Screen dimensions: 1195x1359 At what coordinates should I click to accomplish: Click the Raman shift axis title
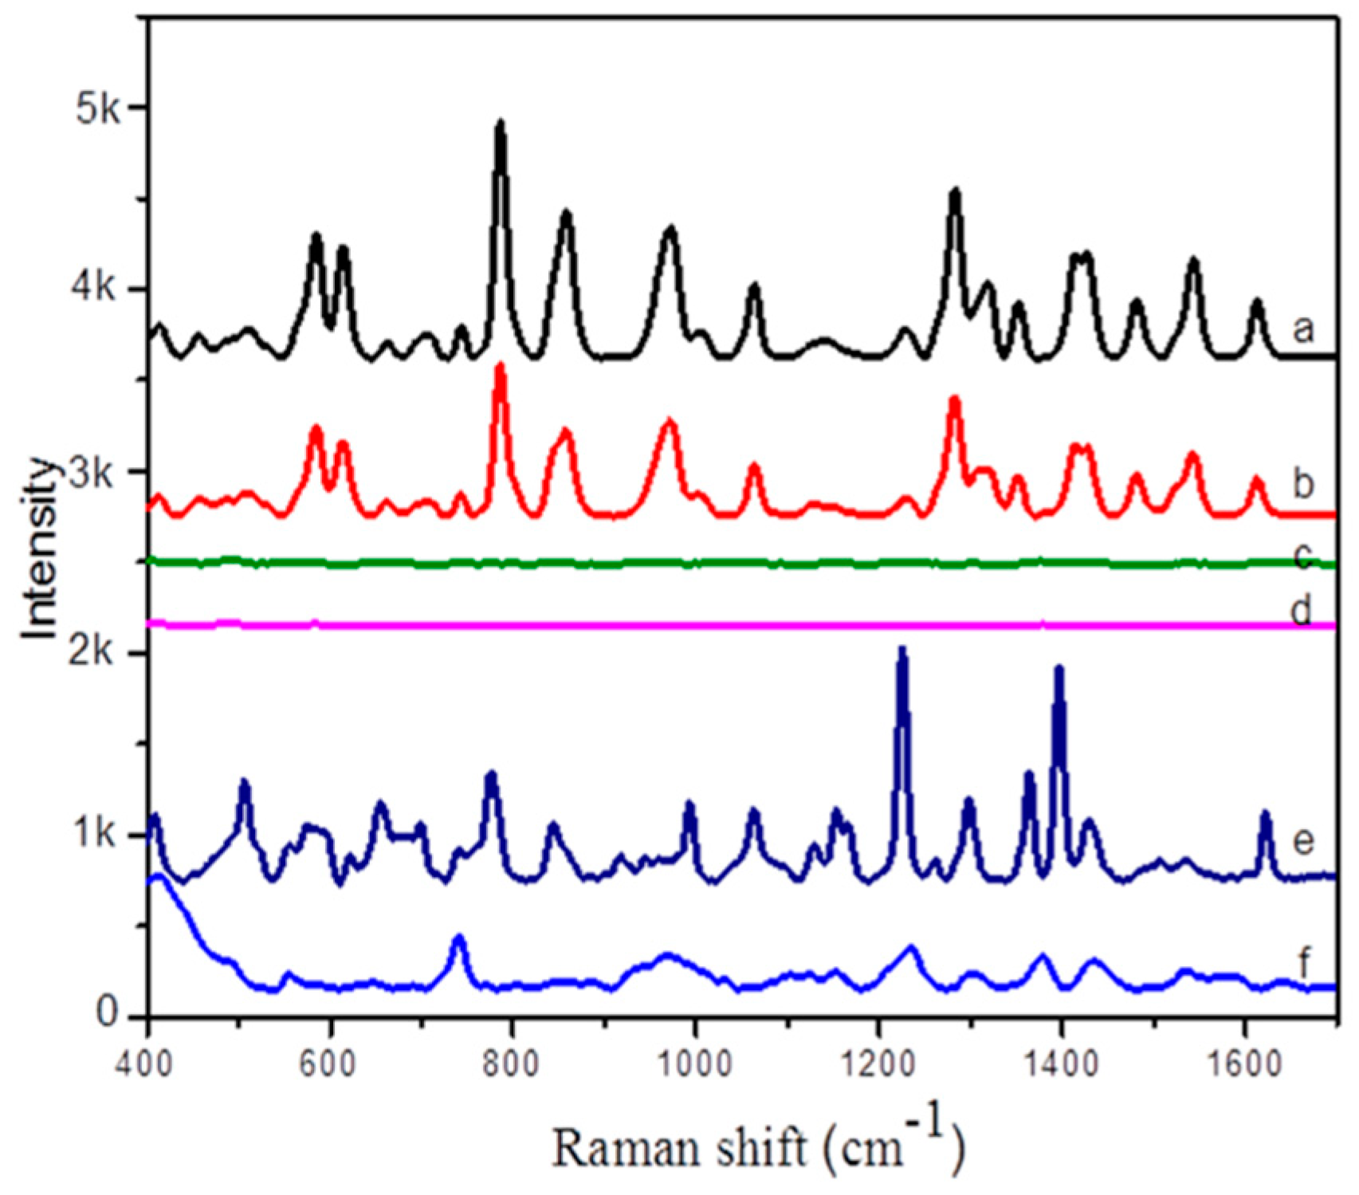(758, 1143)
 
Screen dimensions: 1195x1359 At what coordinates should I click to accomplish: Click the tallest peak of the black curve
(501, 124)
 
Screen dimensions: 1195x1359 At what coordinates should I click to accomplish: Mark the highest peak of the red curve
(501, 368)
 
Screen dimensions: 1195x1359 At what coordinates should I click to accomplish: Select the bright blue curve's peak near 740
(458, 938)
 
